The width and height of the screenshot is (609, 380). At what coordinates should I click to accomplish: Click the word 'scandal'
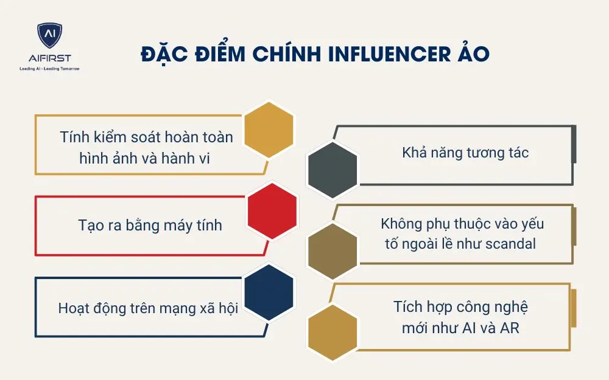pos(510,244)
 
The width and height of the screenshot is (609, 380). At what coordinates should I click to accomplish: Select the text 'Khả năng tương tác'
pos(465,153)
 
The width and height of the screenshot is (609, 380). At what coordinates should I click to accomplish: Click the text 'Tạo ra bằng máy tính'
pos(150,226)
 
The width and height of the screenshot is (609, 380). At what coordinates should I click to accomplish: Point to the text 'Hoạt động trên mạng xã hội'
pos(147,308)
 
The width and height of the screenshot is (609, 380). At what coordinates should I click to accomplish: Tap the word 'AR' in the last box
pos(509,328)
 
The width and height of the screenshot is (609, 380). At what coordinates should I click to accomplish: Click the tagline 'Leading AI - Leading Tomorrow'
pos(50,69)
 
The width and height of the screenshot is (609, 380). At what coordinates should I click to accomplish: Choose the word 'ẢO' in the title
pos(473,54)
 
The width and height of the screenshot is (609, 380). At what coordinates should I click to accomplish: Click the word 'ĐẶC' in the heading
pos(160,54)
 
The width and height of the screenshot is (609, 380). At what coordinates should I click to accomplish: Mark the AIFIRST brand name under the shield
pos(50,58)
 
